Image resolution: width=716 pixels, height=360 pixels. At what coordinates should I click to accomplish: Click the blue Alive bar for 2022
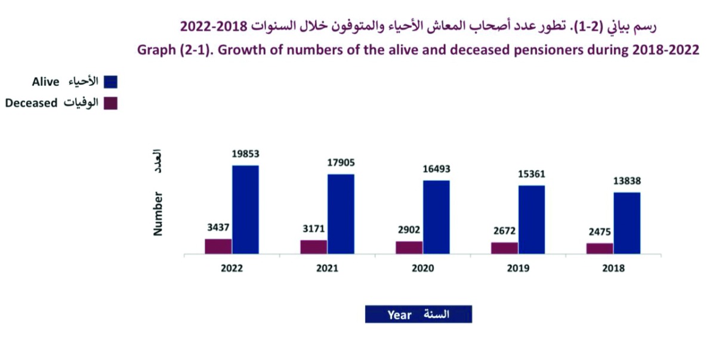pos(245,209)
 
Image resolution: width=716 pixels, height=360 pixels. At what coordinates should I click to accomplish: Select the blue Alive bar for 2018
pos(626,223)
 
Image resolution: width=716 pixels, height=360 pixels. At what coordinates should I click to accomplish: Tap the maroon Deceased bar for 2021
pos(313,247)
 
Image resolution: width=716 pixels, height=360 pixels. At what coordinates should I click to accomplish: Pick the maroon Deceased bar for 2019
pos(504,248)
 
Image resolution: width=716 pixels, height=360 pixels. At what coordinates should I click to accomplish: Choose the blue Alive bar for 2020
pos(436,217)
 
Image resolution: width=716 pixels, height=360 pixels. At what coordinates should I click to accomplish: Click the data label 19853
pos(245,154)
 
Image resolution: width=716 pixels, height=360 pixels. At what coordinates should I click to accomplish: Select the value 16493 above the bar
pos(436,169)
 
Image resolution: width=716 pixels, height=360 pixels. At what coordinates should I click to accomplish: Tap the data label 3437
pos(218,227)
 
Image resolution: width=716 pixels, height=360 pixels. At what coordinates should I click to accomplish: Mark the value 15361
pos(531,174)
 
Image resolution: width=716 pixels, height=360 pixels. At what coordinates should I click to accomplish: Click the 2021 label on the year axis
pos(327,269)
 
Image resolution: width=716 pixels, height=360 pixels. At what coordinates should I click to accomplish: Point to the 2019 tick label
pos(518,269)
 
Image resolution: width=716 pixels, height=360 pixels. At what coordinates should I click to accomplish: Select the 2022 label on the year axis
pos(232,269)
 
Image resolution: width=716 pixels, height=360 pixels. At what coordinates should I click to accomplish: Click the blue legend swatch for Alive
pos(110,82)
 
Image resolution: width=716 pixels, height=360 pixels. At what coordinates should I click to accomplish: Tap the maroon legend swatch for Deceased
pos(110,103)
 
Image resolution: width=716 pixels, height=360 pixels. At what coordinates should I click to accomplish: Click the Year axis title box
pos(418,314)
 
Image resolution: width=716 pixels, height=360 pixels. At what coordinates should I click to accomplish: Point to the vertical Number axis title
pos(158,213)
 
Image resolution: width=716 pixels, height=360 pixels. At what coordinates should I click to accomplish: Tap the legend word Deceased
pos(31,103)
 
